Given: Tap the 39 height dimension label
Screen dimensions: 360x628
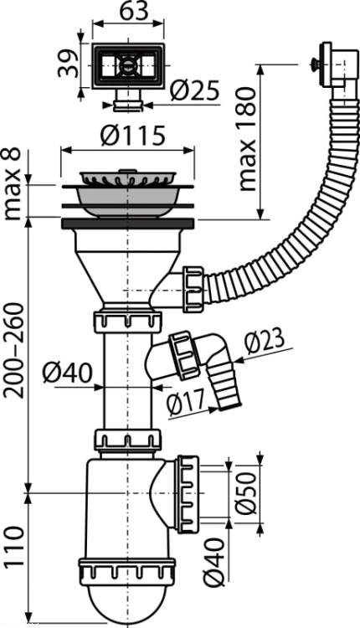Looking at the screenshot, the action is (67, 63).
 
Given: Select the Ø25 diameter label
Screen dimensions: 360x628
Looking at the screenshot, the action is (194, 90).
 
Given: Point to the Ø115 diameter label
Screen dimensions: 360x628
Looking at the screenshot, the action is (132, 135).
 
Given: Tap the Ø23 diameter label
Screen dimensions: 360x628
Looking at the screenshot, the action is (265, 342).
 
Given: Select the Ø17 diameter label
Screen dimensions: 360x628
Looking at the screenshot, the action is (186, 403).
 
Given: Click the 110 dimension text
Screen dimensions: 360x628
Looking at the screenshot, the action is (13, 547).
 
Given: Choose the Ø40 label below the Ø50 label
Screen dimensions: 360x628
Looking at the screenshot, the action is (214, 563).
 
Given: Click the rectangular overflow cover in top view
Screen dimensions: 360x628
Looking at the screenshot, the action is (128, 65).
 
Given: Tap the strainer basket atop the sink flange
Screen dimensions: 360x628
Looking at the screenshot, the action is (128, 178).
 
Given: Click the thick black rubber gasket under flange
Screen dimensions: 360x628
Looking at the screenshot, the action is (128, 224).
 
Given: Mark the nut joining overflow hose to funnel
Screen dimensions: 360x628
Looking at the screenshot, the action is (193, 288).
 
